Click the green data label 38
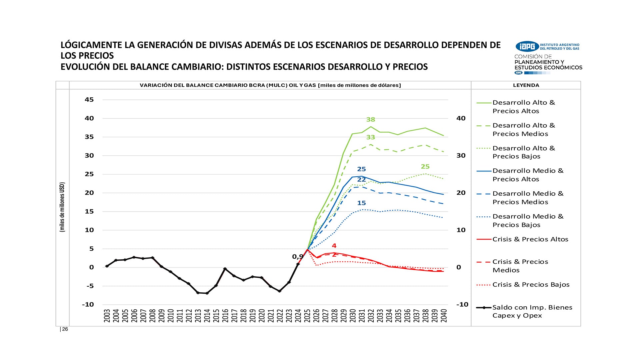(x=371, y=119)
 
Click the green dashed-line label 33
(x=371, y=137)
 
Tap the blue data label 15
(x=361, y=203)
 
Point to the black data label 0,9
(x=298, y=257)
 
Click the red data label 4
(x=334, y=246)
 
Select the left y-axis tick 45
(x=89, y=100)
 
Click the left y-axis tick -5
(x=90, y=286)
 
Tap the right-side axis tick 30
(x=461, y=156)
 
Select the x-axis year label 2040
(x=444, y=315)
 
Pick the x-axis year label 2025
(x=307, y=315)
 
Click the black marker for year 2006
(x=134, y=257)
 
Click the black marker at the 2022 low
(x=280, y=291)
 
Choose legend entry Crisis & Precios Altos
(x=530, y=239)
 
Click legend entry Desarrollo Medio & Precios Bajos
(x=528, y=221)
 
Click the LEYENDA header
(x=526, y=85)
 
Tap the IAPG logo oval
(x=527, y=46)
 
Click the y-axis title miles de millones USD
(x=62, y=207)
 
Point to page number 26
(x=65, y=329)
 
